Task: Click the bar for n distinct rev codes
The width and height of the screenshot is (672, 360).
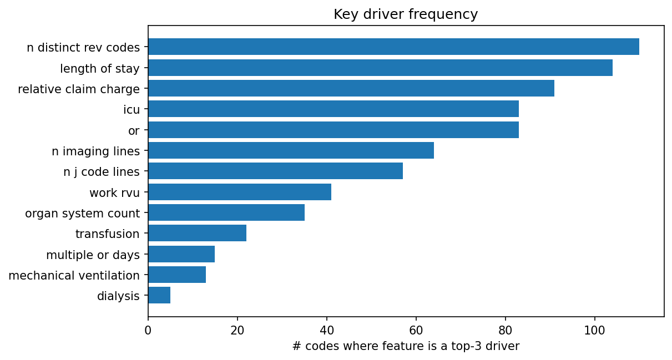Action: [393, 47]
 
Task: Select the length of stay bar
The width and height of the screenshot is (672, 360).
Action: [380, 68]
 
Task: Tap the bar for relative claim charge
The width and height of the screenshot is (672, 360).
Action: [351, 88]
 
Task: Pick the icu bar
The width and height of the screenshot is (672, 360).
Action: [333, 109]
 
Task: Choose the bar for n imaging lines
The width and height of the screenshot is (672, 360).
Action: [291, 150]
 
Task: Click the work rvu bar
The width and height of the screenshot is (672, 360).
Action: [239, 192]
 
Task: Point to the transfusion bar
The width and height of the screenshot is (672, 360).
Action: [197, 233]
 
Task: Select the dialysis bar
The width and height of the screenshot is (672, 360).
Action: [159, 295]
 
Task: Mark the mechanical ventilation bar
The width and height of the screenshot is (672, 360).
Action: [177, 275]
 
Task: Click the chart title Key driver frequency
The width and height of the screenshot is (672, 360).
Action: [406, 14]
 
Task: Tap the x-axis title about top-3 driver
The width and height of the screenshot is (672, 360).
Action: [406, 347]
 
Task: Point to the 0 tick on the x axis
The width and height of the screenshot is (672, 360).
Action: [148, 329]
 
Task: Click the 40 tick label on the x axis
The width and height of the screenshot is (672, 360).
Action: [327, 329]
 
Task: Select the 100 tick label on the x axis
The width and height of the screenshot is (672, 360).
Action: [595, 329]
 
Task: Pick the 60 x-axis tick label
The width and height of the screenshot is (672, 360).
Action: [416, 329]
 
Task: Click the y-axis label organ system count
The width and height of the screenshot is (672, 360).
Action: [82, 213]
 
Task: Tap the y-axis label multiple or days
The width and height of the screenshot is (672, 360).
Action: [93, 255]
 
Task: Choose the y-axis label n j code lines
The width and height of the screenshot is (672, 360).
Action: [102, 171]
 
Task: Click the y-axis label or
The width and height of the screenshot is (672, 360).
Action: [134, 130]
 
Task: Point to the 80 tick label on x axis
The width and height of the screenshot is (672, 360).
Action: [506, 329]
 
